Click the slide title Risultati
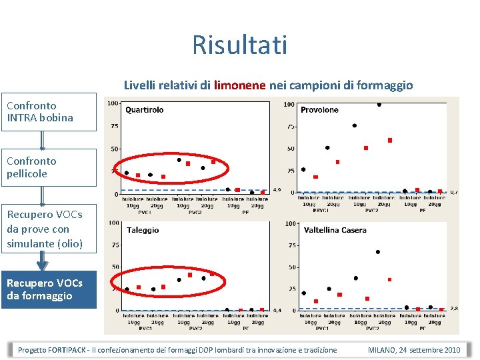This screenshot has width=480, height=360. (239, 45)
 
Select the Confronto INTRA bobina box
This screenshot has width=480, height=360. (42, 112)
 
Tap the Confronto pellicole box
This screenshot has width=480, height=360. (42, 167)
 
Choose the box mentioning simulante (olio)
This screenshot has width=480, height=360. (45, 229)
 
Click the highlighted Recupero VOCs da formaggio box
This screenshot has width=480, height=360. (45, 289)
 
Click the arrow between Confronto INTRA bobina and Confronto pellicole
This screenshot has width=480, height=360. (42, 139)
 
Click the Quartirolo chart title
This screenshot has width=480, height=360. (144, 109)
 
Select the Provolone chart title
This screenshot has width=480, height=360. (319, 109)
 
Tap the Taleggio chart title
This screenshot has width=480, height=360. (143, 230)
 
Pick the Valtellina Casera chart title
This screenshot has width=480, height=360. (335, 230)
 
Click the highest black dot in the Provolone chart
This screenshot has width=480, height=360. (379, 104)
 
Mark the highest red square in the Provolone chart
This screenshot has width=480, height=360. (390, 140)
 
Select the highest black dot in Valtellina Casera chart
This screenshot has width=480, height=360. (378, 252)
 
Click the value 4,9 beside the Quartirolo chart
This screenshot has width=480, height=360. (277, 190)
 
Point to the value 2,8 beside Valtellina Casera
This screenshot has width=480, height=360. (454, 309)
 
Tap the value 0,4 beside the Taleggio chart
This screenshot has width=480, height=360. (277, 311)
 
